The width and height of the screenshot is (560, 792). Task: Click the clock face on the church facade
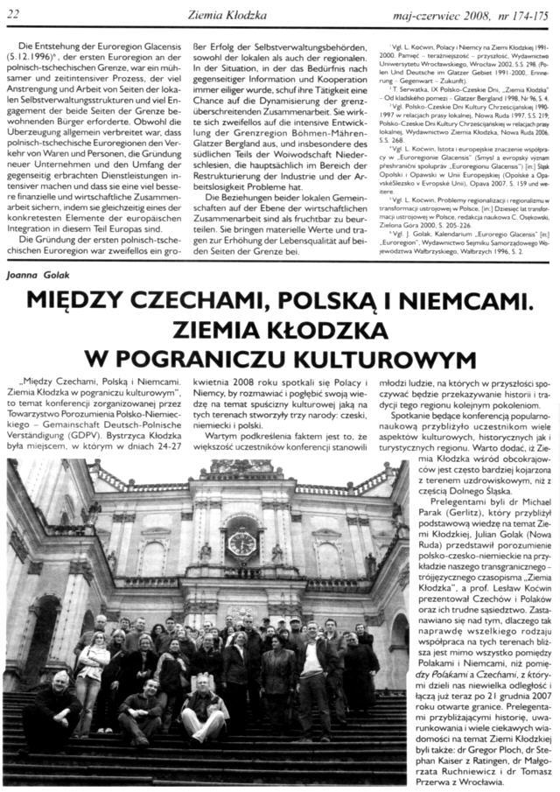240,543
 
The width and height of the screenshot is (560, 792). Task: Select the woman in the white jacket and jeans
90,674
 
